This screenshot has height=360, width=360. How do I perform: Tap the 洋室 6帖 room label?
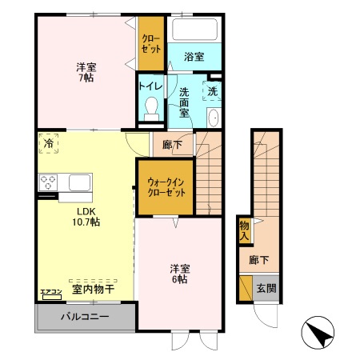178,273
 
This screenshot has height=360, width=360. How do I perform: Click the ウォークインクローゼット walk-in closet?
166,187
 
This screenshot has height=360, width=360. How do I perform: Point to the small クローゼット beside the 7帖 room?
150,42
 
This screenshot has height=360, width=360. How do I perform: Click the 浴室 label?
194,57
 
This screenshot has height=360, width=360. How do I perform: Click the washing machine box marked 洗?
213,91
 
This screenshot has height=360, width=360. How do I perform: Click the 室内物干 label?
94,288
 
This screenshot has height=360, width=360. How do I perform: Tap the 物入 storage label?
244,230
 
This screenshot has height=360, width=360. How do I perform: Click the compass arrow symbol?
316,331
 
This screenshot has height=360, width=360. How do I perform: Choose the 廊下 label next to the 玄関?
258,260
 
